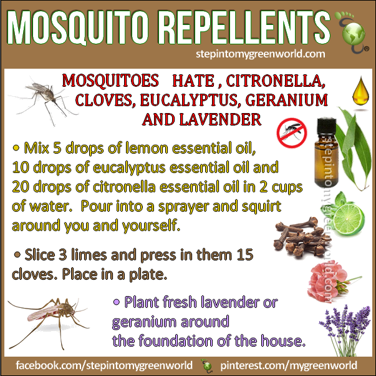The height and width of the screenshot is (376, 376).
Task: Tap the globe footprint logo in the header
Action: click(352, 32)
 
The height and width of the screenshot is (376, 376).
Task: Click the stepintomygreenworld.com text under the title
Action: click(261, 54)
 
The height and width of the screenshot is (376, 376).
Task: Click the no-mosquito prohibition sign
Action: click(292, 132)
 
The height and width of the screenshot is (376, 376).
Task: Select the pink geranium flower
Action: click(329, 282)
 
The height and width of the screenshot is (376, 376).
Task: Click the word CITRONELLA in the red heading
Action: click(276, 81)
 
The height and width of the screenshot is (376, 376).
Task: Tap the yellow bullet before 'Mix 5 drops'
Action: click(16, 148)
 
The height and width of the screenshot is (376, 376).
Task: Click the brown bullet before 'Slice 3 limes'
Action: click(17, 254)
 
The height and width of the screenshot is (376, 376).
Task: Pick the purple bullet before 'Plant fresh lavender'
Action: click(117, 302)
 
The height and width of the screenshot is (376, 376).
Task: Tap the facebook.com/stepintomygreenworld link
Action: click(104, 365)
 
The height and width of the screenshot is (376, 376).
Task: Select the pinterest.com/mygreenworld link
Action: click(289, 365)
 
